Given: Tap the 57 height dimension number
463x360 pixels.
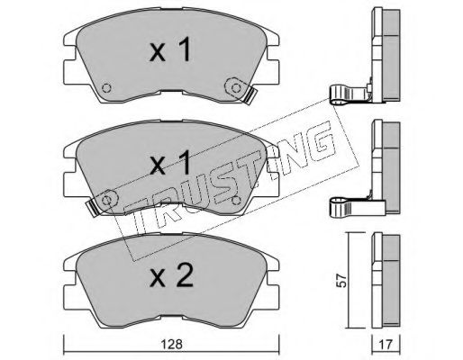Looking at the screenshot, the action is (x=341, y=280).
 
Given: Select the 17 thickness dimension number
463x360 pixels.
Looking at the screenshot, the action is (x=386, y=345).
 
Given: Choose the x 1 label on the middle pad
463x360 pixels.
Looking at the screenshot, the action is (x=170, y=163).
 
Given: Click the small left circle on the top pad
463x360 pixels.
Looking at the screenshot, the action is (x=106, y=88).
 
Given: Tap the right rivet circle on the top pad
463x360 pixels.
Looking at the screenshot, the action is (x=236, y=87).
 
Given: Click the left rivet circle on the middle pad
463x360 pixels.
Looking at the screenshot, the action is (x=106, y=200).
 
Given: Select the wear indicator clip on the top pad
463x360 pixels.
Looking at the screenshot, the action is (x=250, y=95).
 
